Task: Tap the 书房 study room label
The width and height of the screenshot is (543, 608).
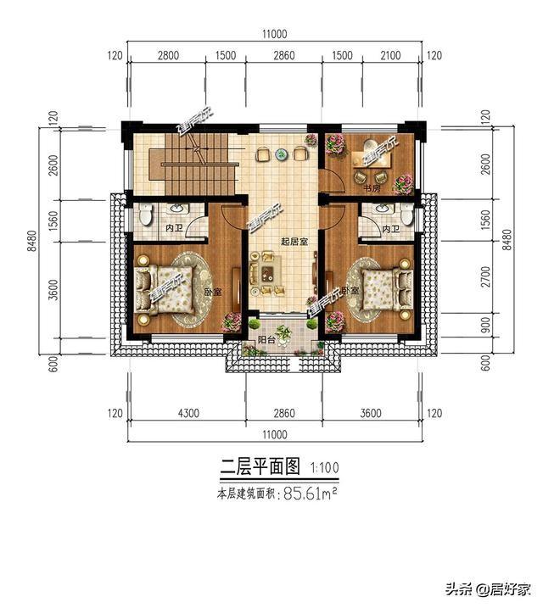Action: tap(370, 188)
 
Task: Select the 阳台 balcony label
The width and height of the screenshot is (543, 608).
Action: tap(266, 339)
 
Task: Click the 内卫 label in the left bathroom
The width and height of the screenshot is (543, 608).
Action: tap(175, 229)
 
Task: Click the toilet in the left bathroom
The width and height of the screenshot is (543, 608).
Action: tap(146, 216)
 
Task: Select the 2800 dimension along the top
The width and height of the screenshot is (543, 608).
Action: tap(169, 56)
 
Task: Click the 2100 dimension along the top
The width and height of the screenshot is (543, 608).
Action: tap(391, 56)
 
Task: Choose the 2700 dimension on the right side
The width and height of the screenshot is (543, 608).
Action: tap(485, 276)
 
